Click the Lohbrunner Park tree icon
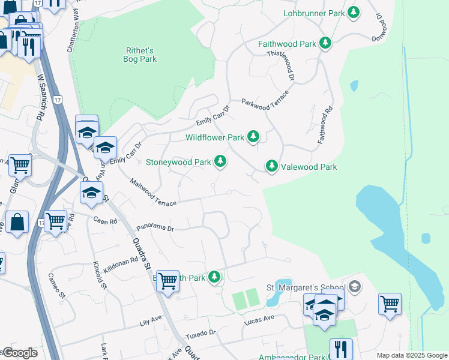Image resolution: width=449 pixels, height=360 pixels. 354,12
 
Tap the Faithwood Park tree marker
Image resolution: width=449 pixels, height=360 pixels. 325,43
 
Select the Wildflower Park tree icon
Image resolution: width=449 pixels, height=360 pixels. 254,137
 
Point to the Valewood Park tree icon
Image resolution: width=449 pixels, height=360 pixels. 272,166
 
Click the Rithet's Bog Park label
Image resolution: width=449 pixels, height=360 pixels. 141,55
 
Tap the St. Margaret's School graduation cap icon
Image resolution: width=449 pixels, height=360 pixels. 355,286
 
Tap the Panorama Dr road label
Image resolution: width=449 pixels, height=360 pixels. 155,228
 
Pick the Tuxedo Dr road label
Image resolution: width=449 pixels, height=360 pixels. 200,332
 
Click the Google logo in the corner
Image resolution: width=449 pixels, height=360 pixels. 19,353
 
